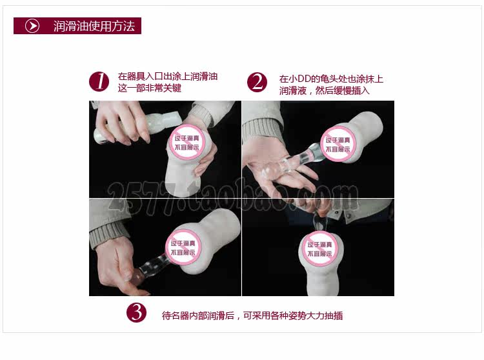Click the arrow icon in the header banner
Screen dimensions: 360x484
coord(32,26)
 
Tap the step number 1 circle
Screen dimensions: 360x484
coord(99,82)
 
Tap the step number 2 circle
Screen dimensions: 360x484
coord(257,82)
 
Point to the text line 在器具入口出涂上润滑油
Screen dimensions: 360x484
coord(168,76)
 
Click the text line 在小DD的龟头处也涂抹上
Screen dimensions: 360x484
coord(331,79)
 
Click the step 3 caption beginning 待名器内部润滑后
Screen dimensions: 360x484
coord(252,315)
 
